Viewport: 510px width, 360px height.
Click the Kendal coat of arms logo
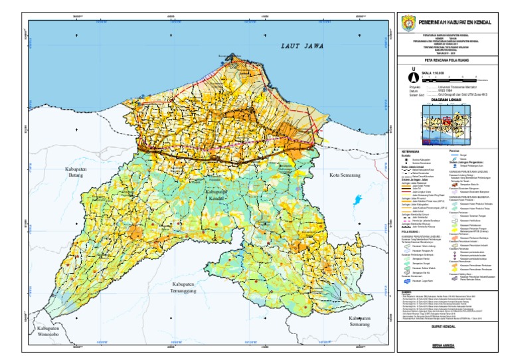[408, 22]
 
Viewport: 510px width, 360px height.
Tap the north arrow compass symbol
[412, 76]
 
